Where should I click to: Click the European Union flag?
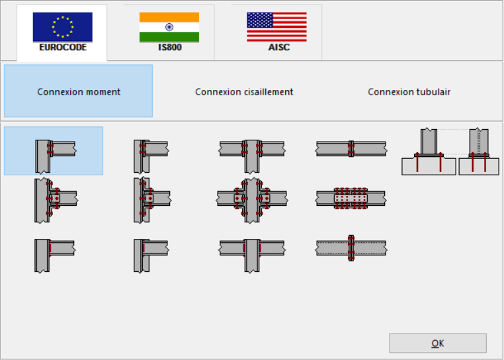tap(63, 27)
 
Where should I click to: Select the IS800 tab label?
tap(170, 47)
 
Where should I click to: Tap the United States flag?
tap(276, 27)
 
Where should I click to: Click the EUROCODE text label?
tap(63, 47)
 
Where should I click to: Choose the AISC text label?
tap(279, 47)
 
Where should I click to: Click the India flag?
tap(169, 27)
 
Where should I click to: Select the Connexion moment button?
tap(79, 91)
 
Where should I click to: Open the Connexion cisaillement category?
tap(244, 92)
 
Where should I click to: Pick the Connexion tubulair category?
tap(409, 92)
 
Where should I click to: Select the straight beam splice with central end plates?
tap(351, 149)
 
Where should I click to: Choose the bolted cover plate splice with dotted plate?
tap(351, 199)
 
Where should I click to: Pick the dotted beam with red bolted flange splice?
tap(351, 248)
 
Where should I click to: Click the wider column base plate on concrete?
tap(429, 152)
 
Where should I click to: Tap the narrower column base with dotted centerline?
tap(479, 152)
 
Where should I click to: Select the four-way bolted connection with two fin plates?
tap(252, 200)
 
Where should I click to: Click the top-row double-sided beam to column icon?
tap(252, 156)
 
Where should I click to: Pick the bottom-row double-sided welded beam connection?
tap(252, 255)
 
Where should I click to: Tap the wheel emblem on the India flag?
tap(169, 27)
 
